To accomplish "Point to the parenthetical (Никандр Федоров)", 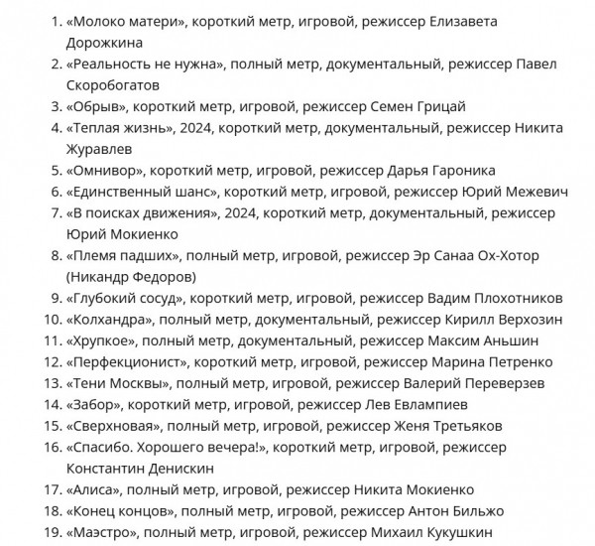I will (131, 276).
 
